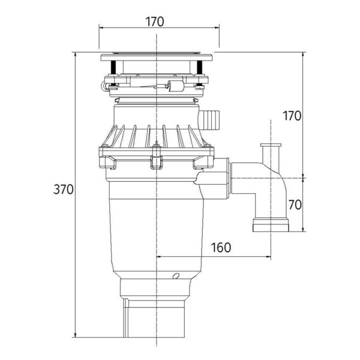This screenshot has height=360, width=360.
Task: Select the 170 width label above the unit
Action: click(155, 22)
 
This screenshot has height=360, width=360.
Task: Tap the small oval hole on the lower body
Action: click(175, 277)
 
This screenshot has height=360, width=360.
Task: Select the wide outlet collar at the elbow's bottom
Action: click(271, 226)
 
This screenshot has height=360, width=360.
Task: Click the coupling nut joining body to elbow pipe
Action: click(220, 179)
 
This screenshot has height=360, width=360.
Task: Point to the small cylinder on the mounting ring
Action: click(176, 86)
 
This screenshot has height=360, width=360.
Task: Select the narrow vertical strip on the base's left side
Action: click(124, 319)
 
